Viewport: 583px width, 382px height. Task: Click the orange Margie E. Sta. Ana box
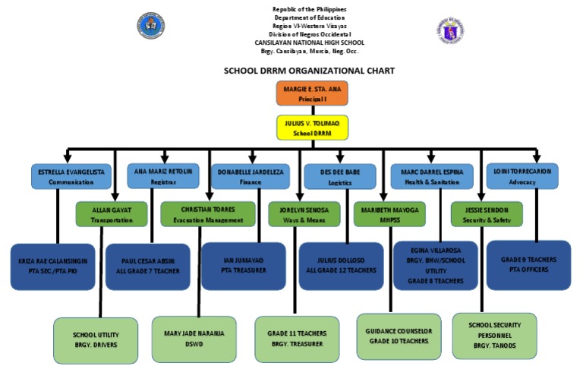(x=311, y=93)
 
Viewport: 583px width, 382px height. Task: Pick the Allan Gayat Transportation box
(x=112, y=214)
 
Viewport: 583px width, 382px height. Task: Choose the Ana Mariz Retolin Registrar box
(x=163, y=176)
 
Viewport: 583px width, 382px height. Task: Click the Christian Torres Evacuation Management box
(x=208, y=214)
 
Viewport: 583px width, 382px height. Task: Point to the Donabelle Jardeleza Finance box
(x=250, y=176)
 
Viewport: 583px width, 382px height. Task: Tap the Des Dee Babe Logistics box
(x=341, y=176)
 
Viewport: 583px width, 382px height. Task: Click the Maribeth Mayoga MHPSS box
(x=389, y=214)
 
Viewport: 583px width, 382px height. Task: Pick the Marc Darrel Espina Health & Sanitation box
(x=431, y=176)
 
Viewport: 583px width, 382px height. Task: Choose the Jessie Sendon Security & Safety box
(x=487, y=214)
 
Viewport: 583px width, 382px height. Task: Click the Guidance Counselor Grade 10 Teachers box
(x=399, y=336)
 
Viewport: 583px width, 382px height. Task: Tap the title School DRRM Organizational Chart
(x=308, y=70)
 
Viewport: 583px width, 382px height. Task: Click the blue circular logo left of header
(x=151, y=27)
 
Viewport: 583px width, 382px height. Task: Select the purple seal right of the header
(x=450, y=29)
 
